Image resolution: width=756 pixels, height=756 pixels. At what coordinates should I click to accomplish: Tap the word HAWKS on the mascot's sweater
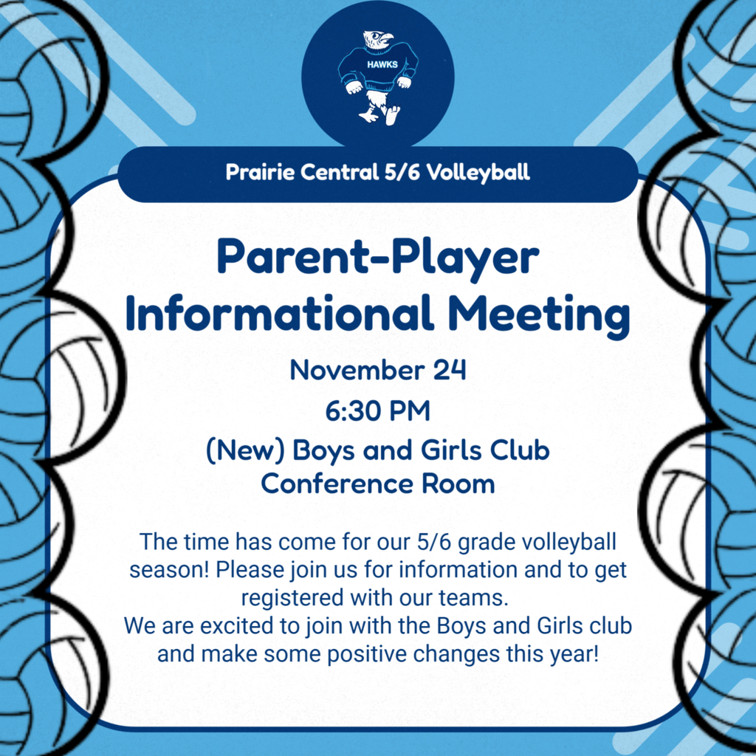(x=382, y=64)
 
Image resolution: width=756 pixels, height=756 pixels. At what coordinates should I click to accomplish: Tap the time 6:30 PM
(x=377, y=410)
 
